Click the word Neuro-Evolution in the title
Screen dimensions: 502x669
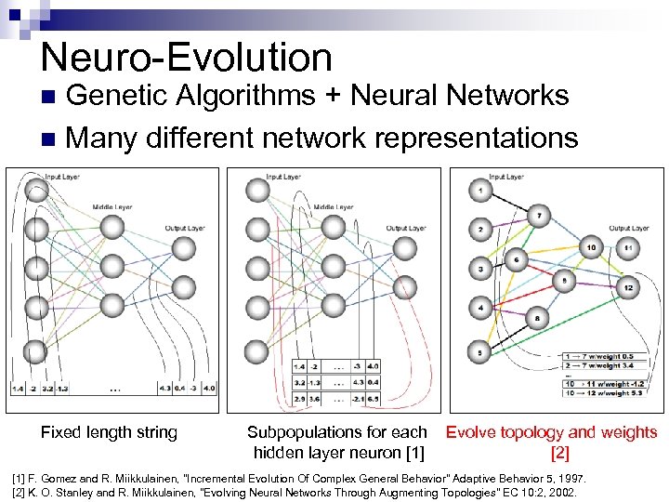point(186,58)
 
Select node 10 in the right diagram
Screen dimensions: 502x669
point(591,247)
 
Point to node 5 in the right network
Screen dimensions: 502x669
point(480,352)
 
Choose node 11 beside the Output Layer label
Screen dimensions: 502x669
point(628,247)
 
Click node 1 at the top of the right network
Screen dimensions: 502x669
point(480,192)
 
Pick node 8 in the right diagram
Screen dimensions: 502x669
point(538,319)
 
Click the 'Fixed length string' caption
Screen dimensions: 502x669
point(109,432)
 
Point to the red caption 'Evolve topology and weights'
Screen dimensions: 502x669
point(552,432)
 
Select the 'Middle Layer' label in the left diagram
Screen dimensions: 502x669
point(111,207)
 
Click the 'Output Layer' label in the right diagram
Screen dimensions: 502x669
point(629,229)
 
